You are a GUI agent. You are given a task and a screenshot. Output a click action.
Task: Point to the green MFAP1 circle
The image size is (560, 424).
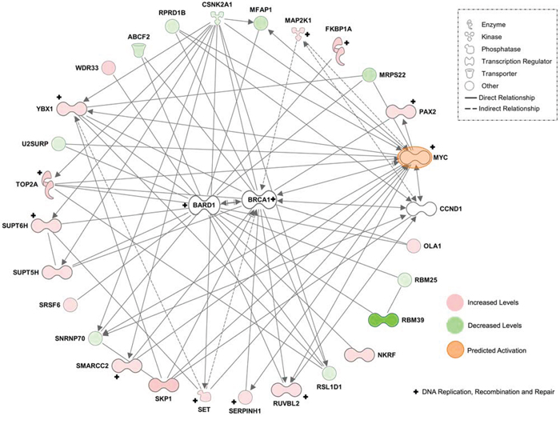259,24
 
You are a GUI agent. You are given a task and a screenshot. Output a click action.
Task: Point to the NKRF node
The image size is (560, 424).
361,354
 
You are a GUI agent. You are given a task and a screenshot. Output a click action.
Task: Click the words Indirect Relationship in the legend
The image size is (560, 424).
501,109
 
